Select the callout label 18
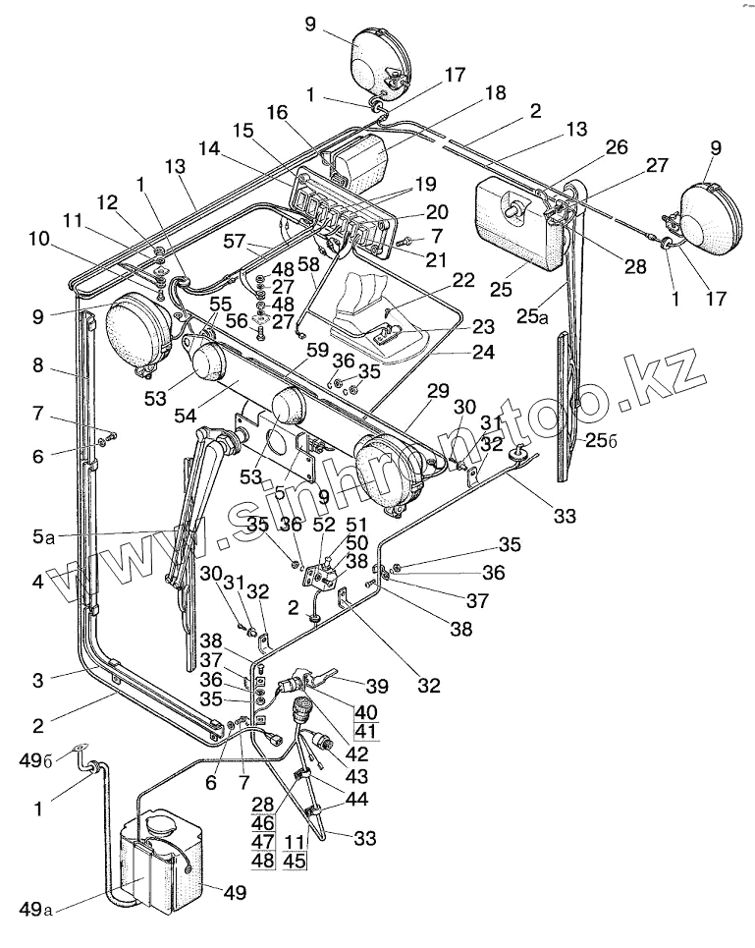click(495, 93)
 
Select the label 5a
click(40, 536)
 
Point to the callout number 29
click(437, 391)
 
